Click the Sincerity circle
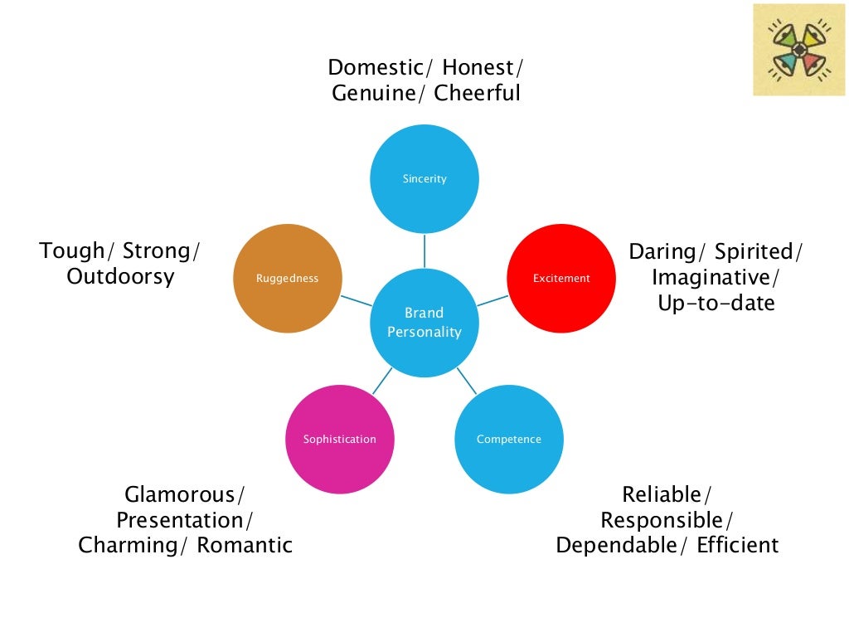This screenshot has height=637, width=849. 424,178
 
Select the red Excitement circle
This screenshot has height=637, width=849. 561,279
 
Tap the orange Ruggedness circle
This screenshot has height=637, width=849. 288,279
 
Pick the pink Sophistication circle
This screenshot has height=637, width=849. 339,440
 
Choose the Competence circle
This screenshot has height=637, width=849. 509,440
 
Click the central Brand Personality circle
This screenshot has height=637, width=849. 424,323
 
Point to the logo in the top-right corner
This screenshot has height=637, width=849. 798,50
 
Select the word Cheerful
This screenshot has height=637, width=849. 477,93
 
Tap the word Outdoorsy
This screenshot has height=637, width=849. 120,276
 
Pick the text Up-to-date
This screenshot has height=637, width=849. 716,303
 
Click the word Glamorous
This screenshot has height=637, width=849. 180,495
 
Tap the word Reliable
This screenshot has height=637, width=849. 662,495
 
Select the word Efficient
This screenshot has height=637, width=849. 737,546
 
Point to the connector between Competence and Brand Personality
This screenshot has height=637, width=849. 467,381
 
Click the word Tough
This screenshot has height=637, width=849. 72,250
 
